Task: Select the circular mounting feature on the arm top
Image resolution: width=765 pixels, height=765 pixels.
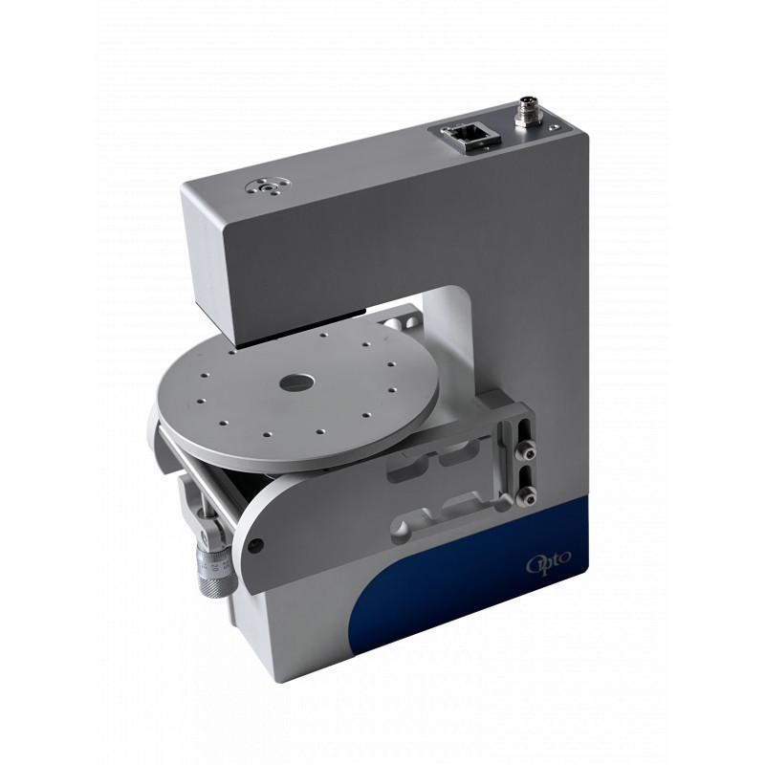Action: click(x=269, y=187)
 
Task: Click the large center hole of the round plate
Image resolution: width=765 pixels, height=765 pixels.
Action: click(x=296, y=382)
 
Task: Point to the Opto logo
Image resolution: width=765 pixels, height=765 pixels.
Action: click(x=548, y=562)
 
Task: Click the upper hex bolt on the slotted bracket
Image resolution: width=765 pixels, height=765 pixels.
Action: click(x=527, y=453)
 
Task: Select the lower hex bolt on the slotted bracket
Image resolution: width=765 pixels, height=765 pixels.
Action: click(x=525, y=497)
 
